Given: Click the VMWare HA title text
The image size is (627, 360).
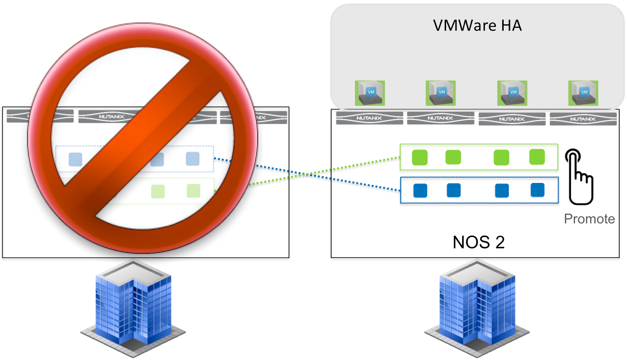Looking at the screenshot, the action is click(477, 25).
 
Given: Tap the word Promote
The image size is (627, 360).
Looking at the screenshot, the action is click(589, 219).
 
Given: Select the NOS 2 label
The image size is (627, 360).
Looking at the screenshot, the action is click(479, 242).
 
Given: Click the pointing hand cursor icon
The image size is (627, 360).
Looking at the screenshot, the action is click(579, 177).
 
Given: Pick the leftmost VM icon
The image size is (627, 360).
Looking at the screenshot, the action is click(370, 93).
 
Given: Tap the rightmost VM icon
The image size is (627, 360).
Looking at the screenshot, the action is click(583, 93).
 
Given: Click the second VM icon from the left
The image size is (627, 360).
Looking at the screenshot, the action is click(441, 93).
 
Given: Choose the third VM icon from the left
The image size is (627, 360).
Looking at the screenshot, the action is click(512, 93).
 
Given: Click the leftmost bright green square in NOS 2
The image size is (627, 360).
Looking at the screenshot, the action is click(420, 158).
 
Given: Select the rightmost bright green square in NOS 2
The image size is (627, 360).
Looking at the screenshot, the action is click(537, 157).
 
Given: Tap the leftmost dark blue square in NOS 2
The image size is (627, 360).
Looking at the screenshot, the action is click(420, 191).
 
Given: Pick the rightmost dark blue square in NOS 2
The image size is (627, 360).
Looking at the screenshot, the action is click(537, 190).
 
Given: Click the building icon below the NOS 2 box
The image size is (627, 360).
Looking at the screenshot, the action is click(477, 309).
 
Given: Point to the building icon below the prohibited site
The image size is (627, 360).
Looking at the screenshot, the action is click(133, 309).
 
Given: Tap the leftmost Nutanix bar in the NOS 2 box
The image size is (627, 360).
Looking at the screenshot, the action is click(370, 118).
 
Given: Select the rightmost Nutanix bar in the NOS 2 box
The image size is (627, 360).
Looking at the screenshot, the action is click(583, 119).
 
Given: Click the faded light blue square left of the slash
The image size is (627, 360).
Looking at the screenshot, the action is click(76, 160).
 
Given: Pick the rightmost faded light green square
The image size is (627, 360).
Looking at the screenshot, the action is click(194, 191).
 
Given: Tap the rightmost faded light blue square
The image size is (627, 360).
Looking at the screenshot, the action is click(193, 159).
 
